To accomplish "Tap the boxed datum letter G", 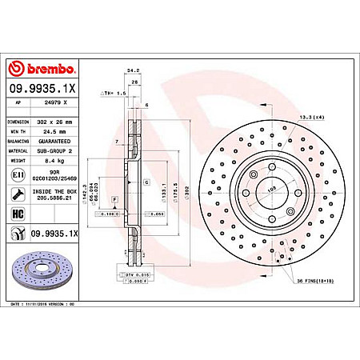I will tap(146, 183).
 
